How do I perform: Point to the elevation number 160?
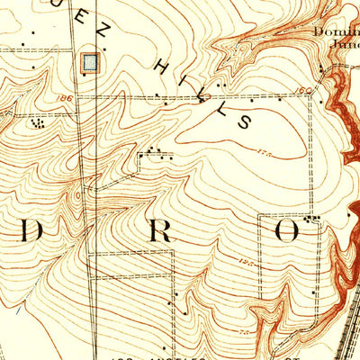[x=303, y=91]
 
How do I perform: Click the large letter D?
[x=31, y=231]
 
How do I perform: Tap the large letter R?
[x=159, y=231]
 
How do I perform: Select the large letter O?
[x=286, y=231]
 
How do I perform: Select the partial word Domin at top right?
[x=335, y=31]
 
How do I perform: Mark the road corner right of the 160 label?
[x=311, y=94]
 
